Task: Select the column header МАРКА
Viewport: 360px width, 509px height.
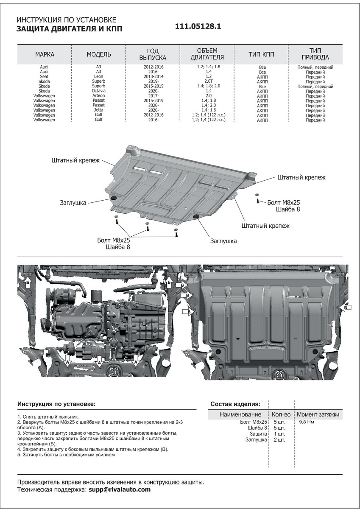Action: point(45,55)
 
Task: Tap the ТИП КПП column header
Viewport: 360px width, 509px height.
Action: point(261,55)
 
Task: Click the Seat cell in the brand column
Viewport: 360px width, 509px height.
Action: point(44,77)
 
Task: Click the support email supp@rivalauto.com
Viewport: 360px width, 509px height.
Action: point(120,489)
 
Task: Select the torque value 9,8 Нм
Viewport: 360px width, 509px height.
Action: point(307,422)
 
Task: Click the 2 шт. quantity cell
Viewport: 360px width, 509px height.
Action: point(279,440)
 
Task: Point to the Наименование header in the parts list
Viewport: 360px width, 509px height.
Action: point(240,414)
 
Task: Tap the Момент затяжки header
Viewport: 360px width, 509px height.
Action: point(318,414)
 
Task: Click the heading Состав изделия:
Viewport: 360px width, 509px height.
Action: point(235,404)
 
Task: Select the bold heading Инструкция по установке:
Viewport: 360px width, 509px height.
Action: point(56,404)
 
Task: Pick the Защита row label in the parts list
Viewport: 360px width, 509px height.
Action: point(258,434)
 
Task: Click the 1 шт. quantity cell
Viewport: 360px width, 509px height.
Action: point(279,434)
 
